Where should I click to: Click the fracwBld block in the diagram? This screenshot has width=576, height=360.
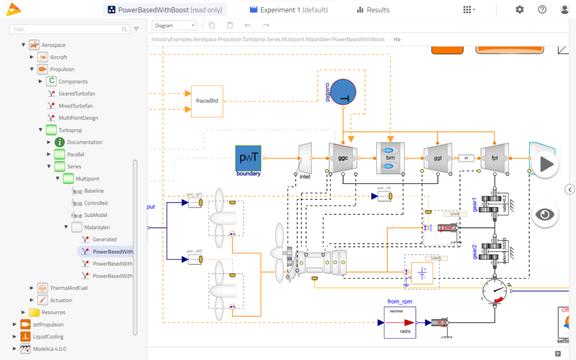coord(207,101)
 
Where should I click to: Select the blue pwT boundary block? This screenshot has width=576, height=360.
coord(249,157)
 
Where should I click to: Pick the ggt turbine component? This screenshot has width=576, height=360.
coord(437,157)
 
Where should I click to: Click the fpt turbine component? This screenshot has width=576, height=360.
coord(494,157)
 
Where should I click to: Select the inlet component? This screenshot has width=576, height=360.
coord(304,157)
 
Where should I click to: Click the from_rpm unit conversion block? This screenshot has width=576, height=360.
coord(400,322)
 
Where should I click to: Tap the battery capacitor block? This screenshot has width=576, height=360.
coord(422,274)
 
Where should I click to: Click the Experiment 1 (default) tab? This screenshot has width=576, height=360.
coord(288,10)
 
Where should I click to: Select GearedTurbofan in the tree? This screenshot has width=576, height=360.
coord(75,93)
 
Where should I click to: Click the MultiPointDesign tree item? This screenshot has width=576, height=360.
coord(78,118)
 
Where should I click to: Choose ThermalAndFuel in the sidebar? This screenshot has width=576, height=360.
coord(69,288)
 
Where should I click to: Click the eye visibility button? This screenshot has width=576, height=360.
coord(544,214)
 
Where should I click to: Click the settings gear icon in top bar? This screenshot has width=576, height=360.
coord(519,10)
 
